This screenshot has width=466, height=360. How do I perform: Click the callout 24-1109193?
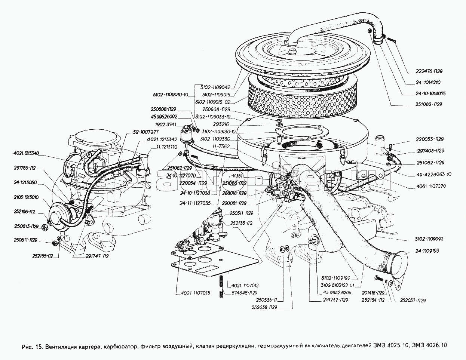pos(426,251)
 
